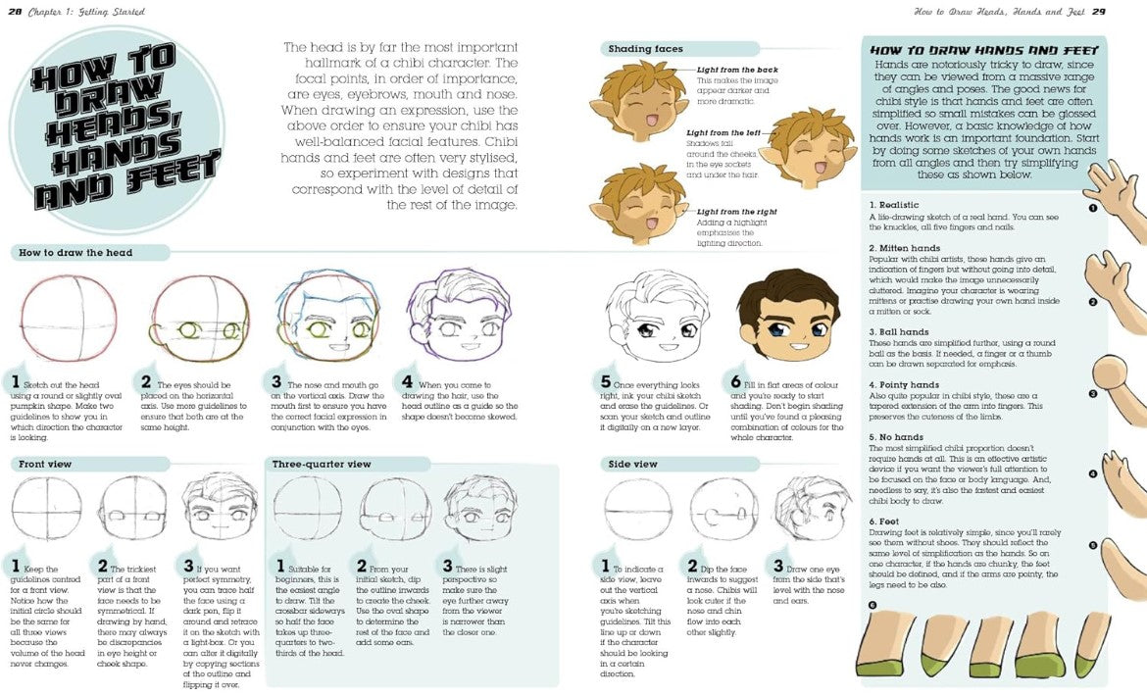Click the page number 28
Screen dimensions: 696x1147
[16, 12]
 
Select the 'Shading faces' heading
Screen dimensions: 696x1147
[645, 49]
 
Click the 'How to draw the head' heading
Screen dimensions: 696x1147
[75, 253]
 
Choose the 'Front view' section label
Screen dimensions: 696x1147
[46, 464]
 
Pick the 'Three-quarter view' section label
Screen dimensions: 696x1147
[322, 464]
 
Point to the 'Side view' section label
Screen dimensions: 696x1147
[632, 464]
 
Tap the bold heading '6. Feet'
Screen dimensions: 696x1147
[886, 521]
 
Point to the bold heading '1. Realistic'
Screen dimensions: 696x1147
[894, 204]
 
